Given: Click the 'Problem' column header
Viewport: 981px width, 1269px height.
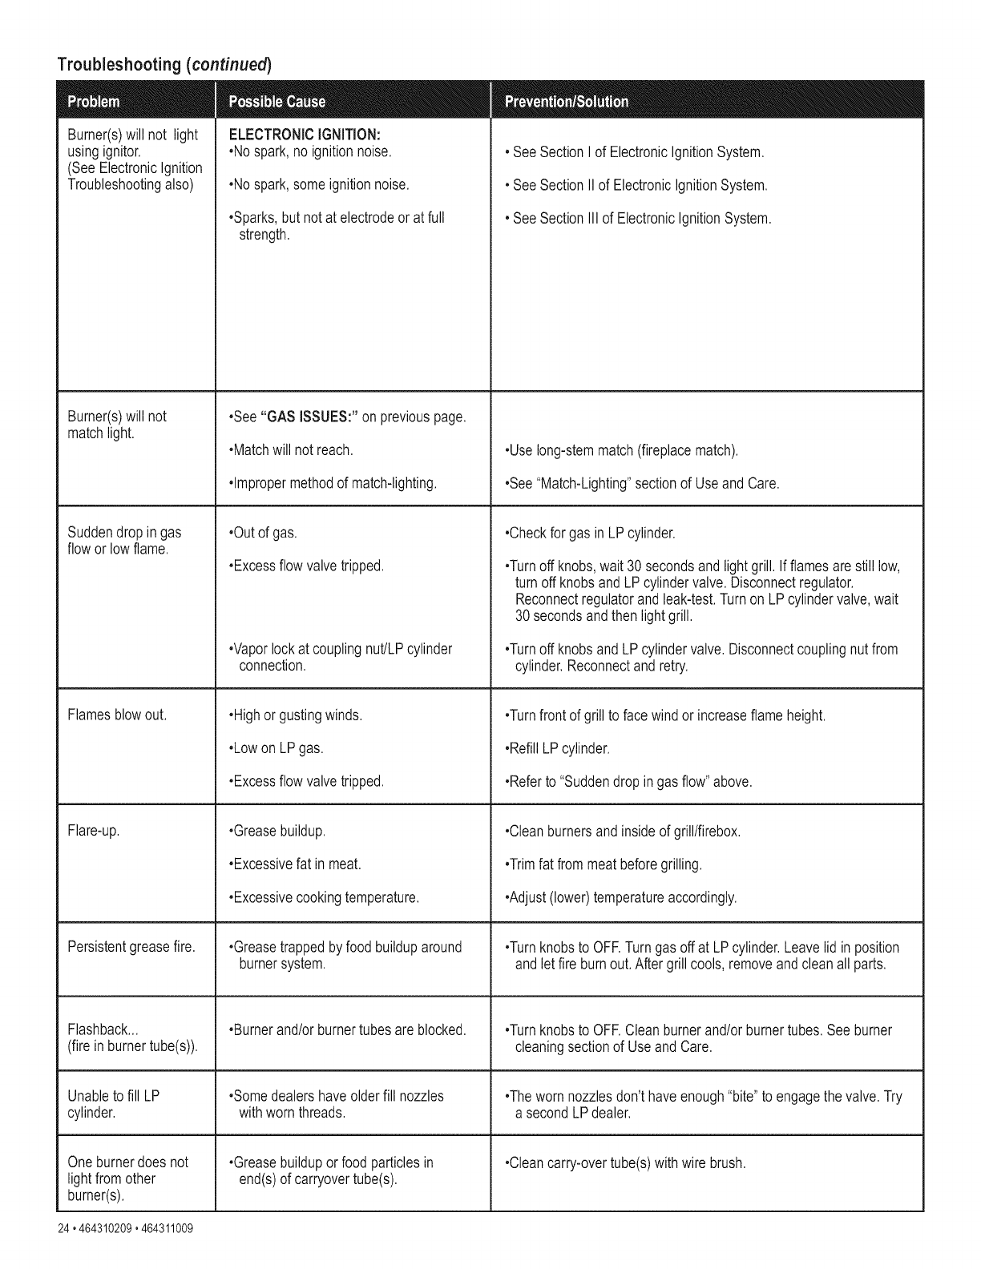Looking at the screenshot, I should pyautogui.click(x=94, y=102).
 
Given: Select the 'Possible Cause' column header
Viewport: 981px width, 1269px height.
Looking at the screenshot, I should pyautogui.click(x=277, y=102).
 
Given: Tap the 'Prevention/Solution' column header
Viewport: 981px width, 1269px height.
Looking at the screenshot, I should pyautogui.click(x=567, y=102).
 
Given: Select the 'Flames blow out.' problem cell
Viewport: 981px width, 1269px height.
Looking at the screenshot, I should pyautogui.click(x=117, y=715).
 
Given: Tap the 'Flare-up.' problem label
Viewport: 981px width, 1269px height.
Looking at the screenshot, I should pyautogui.click(x=94, y=831).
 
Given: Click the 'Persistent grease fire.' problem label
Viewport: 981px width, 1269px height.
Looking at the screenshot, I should pyautogui.click(x=131, y=947).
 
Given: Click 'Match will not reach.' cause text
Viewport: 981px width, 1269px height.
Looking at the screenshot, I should pyautogui.click(x=291, y=449).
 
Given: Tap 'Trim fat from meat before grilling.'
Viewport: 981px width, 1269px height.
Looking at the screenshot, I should pyautogui.click(x=604, y=864).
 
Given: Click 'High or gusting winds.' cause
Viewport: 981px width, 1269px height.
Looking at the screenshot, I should pyautogui.click(x=296, y=715).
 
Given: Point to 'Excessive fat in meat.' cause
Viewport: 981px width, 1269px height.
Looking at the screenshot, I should pyautogui.click(x=295, y=864).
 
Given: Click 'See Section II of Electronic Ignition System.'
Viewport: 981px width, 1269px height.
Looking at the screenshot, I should pyautogui.click(x=638, y=185).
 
